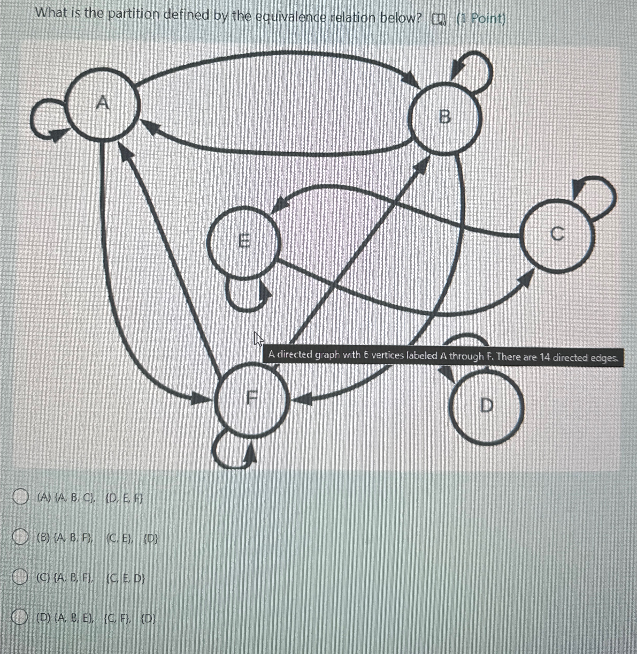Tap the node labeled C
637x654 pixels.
coord(557,234)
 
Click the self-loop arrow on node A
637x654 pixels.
coord(43,121)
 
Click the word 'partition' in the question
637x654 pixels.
coord(134,15)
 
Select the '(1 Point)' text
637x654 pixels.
coord(481,19)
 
